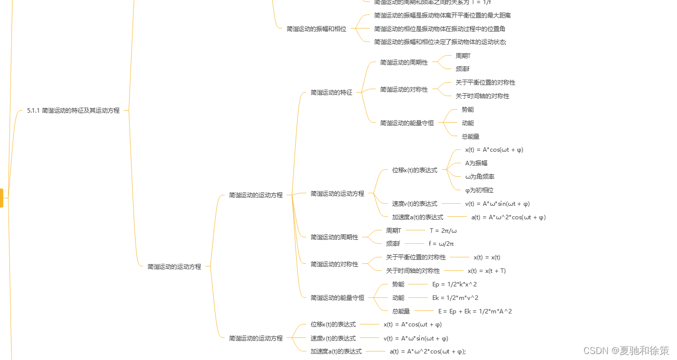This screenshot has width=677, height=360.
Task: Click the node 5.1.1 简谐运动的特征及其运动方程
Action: (73, 110)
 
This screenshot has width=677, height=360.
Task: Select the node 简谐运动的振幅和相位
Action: (316, 29)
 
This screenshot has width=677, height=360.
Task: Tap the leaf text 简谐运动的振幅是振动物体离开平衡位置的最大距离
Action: (442, 16)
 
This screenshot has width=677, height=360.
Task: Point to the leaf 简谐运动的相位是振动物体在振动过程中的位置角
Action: (439, 29)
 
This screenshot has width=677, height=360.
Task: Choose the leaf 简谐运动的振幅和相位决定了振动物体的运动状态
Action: (440, 42)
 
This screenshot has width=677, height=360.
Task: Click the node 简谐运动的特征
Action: (331, 93)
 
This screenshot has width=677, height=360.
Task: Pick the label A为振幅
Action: (476, 163)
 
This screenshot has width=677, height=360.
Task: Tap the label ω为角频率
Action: (480, 177)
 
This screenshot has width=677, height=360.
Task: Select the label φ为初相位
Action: (479, 190)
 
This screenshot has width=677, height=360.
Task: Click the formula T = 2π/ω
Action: (443, 231)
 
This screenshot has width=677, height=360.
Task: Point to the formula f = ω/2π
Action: (441, 244)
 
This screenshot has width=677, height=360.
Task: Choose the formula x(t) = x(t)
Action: (487, 257)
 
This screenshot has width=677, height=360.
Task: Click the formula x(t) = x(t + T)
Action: (486, 271)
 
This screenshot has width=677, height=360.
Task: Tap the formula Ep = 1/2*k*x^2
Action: (454, 284)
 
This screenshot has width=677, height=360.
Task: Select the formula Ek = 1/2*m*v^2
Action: (455, 298)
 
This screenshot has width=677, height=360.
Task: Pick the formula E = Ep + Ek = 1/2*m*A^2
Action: (475, 311)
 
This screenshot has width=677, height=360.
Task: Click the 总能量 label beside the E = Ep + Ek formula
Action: (401, 311)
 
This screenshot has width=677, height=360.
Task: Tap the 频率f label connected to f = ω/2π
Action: (393, 244)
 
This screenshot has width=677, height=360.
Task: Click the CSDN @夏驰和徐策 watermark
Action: (626, 350)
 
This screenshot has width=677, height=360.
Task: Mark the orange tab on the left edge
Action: (2, 198)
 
